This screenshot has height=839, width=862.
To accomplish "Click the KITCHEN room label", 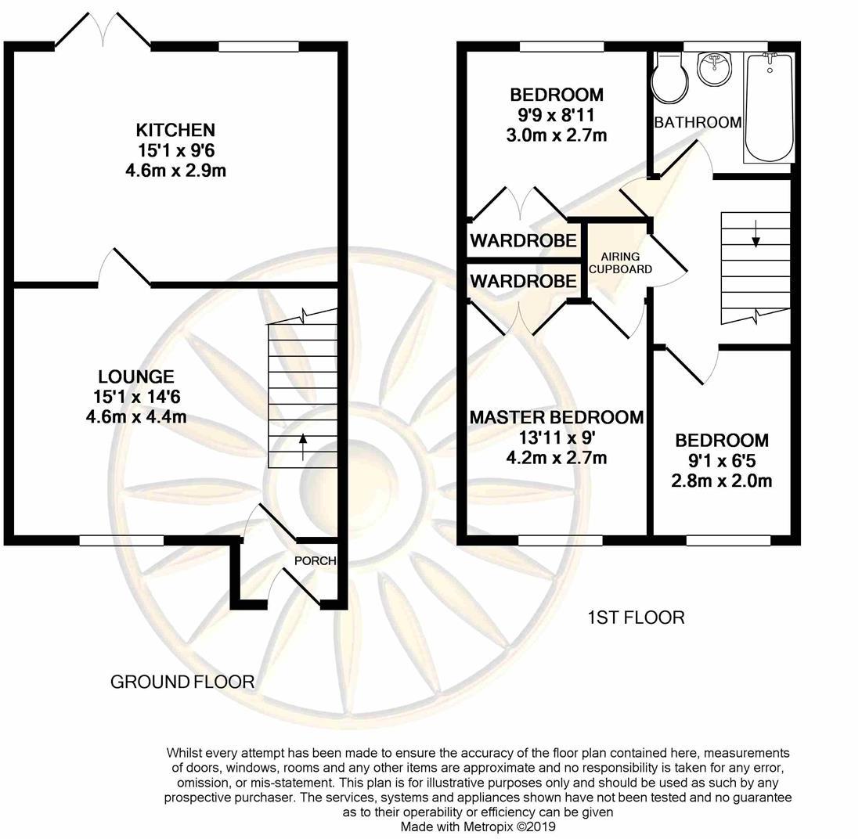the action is click(175, 130).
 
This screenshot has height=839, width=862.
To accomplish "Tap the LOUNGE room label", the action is click(135, 376).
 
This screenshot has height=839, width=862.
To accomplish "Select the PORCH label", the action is click(315, 561).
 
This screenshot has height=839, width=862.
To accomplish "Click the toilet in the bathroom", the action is click(669, 79).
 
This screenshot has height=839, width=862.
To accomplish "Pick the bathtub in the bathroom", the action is click(769, 108).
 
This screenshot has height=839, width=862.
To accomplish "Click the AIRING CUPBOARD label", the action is click(620, 263).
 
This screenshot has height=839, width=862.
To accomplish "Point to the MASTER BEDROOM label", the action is click(557, 417).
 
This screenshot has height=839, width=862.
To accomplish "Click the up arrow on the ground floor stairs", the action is click(301, 446).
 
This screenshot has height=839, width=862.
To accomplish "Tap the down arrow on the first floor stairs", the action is click(756, 233).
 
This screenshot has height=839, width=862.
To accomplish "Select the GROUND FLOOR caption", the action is click(182, 682).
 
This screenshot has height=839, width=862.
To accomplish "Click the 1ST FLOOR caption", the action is click(636, 618).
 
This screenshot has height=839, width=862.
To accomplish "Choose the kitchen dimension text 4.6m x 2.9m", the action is click(175, 171).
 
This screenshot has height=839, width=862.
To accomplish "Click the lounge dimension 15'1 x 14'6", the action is click(137, 397).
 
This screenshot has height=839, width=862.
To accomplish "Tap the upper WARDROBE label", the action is click(523, 240).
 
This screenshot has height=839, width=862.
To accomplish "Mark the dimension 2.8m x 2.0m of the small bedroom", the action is click(721, 481).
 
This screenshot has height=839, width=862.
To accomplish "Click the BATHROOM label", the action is click(698, 122).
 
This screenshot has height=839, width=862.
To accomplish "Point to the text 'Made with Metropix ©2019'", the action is click(478, 826).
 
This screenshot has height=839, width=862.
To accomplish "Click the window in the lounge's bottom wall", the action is click(121, 541).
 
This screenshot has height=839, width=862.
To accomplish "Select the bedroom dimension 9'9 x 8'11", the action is click(557, 115).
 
